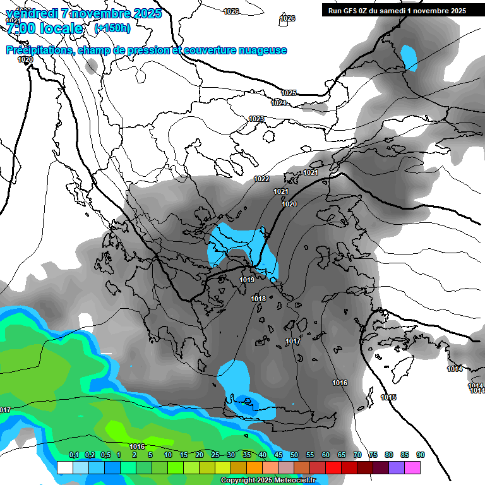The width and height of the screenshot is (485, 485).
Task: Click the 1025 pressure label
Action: tap(289, 93)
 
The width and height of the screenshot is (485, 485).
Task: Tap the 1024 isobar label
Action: tap(278, 103)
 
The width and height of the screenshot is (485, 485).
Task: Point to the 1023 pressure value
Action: tap(256, 119)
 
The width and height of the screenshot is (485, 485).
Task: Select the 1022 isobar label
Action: tap(261, 179)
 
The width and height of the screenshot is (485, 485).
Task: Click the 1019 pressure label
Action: tap(247, 280)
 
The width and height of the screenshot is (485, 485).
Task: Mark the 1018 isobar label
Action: tap(258, 299)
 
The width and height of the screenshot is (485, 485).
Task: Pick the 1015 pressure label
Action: tap(389, 397)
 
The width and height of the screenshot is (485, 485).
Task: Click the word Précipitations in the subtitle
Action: tap(39, 51)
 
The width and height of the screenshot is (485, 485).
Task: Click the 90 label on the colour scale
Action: tap(421, 455)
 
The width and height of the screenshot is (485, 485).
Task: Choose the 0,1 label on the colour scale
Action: tap(73, 455)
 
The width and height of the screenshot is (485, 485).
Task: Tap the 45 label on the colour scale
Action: tap(278, 455)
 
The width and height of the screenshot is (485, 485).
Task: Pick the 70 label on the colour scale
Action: tap(357, 455)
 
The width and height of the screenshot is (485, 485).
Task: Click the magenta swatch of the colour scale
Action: tap(412, 467)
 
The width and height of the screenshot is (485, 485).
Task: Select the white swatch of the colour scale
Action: tap(64, 467)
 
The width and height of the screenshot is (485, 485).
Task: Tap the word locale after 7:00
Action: tap(61, 28)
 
